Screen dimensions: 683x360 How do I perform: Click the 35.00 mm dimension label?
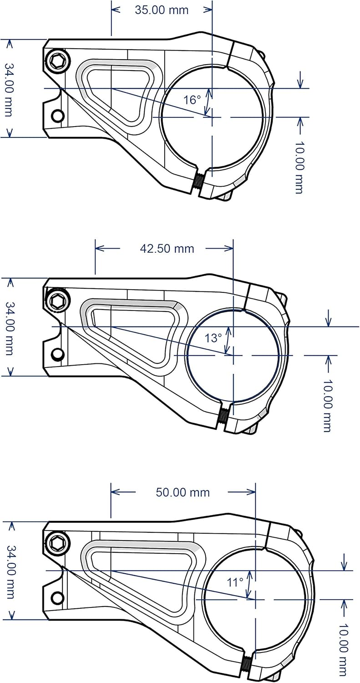pos(162,10)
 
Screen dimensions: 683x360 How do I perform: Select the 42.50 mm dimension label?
pos(167,248)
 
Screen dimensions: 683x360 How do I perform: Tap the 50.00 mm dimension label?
pos(183,492)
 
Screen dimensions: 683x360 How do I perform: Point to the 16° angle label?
pos(192,100)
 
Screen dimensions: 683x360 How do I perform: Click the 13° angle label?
pos(213,338)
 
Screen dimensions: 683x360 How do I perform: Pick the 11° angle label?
pos(236,582)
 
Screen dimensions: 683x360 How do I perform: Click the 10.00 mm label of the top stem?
pos(299,168)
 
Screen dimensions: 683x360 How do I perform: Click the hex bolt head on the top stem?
pos(58,61)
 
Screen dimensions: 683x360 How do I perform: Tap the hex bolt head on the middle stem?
pos(58,300)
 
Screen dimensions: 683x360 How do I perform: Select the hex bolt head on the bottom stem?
pos(58,543)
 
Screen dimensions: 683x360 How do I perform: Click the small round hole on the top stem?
pos(57,116)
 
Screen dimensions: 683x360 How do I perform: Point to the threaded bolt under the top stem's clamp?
pos(199,181)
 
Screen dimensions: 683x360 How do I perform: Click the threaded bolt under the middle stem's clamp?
pos(223,414)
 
